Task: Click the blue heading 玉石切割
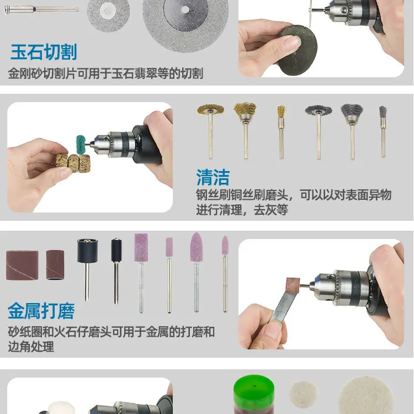coord(44,52)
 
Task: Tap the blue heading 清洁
coord(213,177)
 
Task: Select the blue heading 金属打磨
coord(41,311)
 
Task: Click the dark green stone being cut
coord(298,50)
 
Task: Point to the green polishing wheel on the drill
coord(81,144)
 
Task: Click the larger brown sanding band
coord(22,265)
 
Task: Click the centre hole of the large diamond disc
coord(185,10)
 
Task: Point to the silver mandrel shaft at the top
coord(41,9)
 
